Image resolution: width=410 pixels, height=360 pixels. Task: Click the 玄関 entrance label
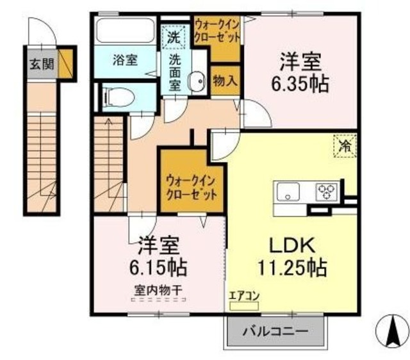(42, 64)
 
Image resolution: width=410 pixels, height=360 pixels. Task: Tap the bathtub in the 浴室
(124, 30)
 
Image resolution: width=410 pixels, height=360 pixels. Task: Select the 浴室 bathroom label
(126, 60)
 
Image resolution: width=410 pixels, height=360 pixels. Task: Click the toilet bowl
(119, 97)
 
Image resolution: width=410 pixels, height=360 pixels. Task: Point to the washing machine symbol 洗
(174, 37)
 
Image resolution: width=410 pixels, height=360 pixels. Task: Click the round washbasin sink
(197, 81)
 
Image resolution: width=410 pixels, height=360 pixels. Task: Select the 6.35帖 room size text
(300, 84)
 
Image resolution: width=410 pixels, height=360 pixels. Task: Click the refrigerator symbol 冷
(345, 146)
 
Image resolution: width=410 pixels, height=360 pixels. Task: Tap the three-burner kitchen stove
(327, 192)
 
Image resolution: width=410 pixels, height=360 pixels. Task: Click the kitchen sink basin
(288, 192)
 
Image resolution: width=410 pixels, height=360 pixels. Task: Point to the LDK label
(292, 246)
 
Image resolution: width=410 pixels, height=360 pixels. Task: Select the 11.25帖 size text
(292, 268)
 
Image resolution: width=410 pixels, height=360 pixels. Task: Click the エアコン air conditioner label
(244, 296)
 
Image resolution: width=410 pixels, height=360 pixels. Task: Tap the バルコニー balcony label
(275, 332)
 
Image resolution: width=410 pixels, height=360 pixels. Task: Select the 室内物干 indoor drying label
(158, 290)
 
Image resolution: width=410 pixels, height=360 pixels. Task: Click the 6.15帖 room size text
(158, 268)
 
